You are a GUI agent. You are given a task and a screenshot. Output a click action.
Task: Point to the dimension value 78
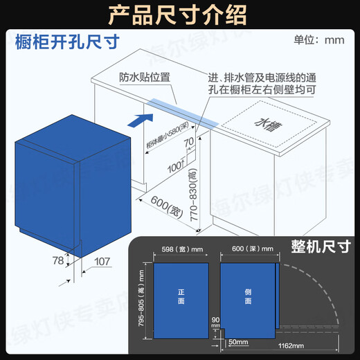[59, 261]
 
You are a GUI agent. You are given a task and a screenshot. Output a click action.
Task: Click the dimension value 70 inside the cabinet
[188, 142]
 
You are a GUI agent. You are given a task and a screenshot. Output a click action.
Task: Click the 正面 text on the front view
[180, 298]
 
